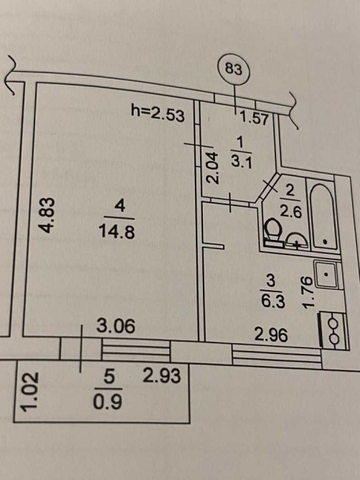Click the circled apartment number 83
click(x=234, y=69)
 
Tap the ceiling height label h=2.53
click(x=158, y=113)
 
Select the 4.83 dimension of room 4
click(x=48, y=215)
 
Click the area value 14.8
click(x=116, y=232)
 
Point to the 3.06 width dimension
click(x=115, y=326)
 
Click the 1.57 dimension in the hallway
click(x=254, y=118)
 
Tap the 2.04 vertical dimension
click(x=213, y=168)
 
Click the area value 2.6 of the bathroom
click(x=292, y=211)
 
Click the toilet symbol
click(x=274, y=233)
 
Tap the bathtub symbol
click(x=323, y=217)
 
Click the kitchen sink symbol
click(x=327, y=274)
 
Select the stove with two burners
click(x=333, y=330)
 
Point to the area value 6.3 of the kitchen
click(x=273, y=301)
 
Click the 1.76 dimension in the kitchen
click(x=308, y=292)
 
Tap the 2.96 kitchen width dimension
click(x=272, y=335)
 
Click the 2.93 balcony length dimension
click(x=162, y=375)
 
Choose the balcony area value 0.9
click(x=108, y=402)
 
